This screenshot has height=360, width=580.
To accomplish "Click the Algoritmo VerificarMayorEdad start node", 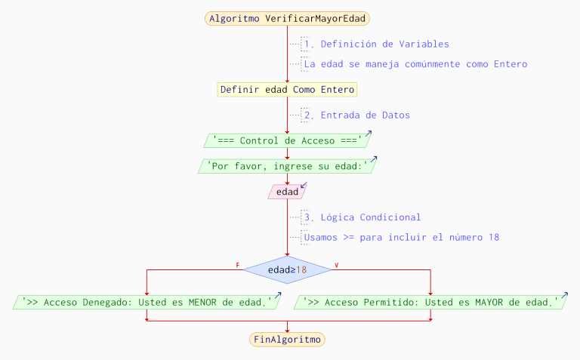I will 287,18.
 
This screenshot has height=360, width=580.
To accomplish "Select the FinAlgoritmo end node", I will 287,340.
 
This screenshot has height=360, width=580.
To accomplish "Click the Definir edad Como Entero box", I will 287,89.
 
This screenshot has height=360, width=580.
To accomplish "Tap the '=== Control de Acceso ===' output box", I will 287,140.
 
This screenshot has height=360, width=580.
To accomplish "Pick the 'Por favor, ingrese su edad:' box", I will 287,166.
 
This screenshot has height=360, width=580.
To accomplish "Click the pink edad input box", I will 287,192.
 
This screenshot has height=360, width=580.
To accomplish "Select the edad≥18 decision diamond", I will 287,269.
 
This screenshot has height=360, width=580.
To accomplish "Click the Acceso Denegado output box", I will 147,302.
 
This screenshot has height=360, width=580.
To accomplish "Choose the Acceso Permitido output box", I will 430,302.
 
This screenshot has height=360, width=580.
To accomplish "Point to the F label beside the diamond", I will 238,266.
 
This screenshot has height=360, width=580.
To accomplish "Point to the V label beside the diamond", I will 335,266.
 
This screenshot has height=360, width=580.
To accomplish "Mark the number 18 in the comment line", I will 493,237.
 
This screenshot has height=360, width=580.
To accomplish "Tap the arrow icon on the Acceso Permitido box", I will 564,295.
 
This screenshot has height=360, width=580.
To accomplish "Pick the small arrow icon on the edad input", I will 304,185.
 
